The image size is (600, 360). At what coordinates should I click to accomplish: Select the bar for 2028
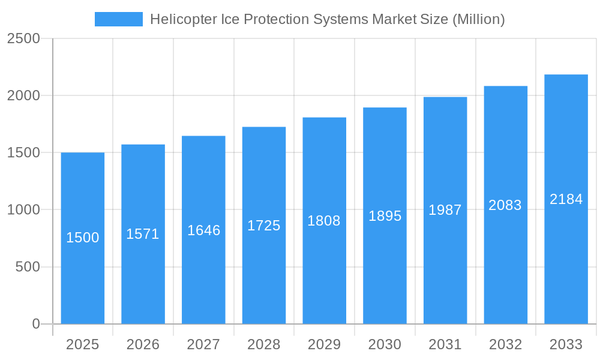[264, 270]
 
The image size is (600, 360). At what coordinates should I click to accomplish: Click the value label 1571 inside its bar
[143, 234]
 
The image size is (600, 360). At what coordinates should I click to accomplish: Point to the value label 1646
[203, 230]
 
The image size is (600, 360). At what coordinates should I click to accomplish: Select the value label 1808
[324, 221]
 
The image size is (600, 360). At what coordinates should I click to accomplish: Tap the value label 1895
[385, 216]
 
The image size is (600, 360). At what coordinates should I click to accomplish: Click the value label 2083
[505, 205]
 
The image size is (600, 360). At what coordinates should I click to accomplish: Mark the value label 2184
[566, 199]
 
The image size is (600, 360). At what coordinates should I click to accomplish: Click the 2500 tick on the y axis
[23, 38]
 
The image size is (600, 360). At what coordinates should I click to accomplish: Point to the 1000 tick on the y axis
[23, 210]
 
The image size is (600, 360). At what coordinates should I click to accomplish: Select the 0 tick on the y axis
[35, 324]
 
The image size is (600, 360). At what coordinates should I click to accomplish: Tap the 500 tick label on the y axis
[27, 267]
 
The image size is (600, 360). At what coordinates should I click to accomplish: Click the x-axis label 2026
[143, 344]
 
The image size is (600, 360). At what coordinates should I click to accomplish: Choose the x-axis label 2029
[324, 344]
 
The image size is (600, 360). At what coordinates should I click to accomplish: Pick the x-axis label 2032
[505, 344]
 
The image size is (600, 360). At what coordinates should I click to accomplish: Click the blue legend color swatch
[119, 19]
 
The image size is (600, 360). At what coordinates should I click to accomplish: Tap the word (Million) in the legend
[478, 19]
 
